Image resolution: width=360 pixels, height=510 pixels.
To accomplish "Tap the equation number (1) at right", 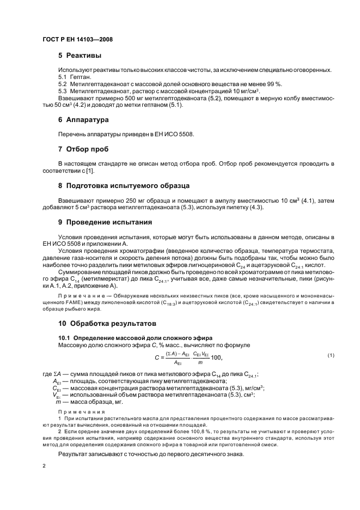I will click(331, 355).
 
